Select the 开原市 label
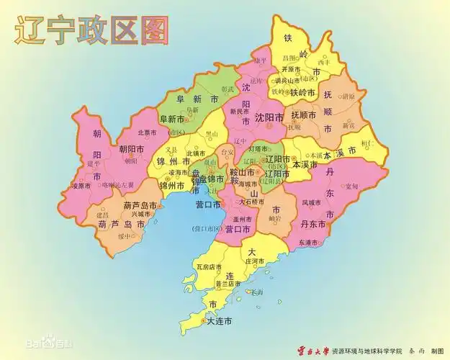coord(290,68)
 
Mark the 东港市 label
coord(310,243)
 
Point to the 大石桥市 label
coord(258,202)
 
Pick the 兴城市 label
coord(141,214)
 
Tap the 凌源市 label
coord(81,186)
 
